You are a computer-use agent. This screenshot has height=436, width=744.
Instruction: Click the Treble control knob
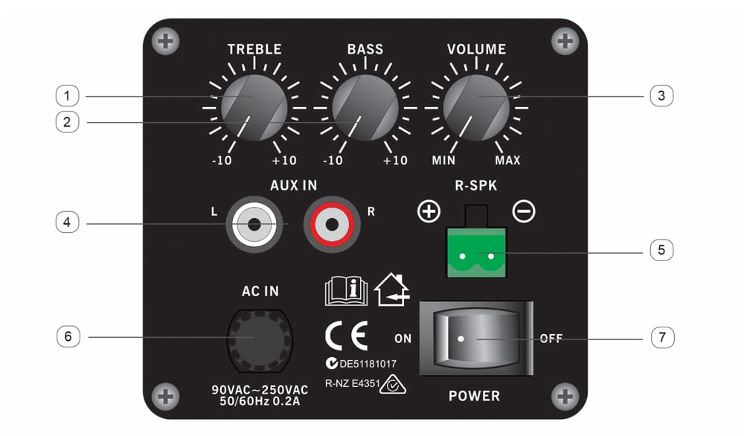pyautogui.click(x=254, y=108)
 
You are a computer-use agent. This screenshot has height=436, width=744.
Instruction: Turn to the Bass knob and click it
pyautogui.click(x=365, y=108)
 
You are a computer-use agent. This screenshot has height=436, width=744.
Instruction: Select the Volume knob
pyautogui.click(x=476, y=108)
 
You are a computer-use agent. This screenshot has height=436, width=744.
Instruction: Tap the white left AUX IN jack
pyautogui.click(x=254, y=224)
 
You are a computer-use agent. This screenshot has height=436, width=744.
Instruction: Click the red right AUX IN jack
pyautogui.click(x=332, y=224)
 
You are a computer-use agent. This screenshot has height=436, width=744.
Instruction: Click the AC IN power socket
pyautogui.click(x=260, y=341)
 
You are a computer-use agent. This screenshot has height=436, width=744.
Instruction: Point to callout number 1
pyautogui.click(x=68, y=96)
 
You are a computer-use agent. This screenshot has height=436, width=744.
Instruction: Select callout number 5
pyautogui.click(x=661, y=250)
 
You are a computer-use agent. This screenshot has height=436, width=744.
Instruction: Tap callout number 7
pyautogui.click(x=662, y=337)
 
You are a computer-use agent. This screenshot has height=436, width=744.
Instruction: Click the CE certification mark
pyautogui.click(x=347, y=336)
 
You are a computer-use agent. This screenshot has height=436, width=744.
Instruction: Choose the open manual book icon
pyautogui.click(x=346, y=291)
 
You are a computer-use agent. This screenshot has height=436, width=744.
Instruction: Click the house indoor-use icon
pyautogui.click(x=392, y=289)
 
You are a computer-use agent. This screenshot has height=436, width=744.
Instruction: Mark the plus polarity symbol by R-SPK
pyautogui.click(x=429, y=211)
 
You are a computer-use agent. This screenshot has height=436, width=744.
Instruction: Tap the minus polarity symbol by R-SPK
pyautogui.click(x=524, y=211)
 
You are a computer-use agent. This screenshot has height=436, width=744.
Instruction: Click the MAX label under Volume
pyautogui.click(x=507, y=161)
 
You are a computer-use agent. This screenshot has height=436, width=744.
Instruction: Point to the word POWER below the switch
pyautogui.click(x=475, y=396)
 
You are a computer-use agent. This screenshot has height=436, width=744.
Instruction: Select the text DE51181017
pyautogui.click(x=368, y=364)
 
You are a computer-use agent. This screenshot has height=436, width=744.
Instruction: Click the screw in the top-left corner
pyautogui.click(x=166, y=41)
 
